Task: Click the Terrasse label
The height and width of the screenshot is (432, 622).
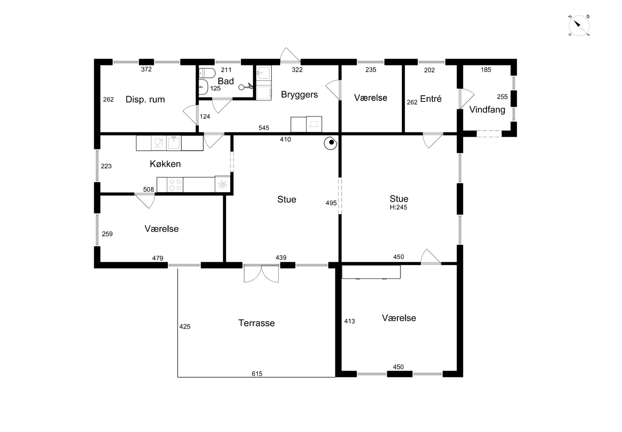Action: click(256, 323)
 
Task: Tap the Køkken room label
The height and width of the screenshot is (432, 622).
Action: click(165, 164)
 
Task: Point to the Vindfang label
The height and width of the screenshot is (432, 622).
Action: click(487, 110)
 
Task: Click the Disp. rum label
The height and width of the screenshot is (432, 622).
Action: click(145, 99)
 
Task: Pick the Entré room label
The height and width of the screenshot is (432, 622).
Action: click(431, 99)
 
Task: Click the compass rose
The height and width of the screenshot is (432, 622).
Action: click(579, 26)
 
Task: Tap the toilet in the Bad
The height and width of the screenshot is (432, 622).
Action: click(207, 73)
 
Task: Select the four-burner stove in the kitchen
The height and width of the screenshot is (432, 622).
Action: click(175, 185)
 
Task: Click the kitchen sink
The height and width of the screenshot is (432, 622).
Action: click(174, 143)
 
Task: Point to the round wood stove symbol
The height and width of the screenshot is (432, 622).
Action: click(330, 143)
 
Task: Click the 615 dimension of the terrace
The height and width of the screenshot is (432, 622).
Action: click(257, 374)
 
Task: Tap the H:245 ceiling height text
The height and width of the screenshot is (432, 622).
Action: click(398, 207)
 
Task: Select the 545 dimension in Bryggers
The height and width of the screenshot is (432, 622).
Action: click(264, 128)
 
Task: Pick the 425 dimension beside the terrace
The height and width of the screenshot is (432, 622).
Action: click(185, 327)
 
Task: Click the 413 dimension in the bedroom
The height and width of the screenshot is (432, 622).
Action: click(349, 321)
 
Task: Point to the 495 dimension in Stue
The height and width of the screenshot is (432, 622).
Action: click(331, 203)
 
